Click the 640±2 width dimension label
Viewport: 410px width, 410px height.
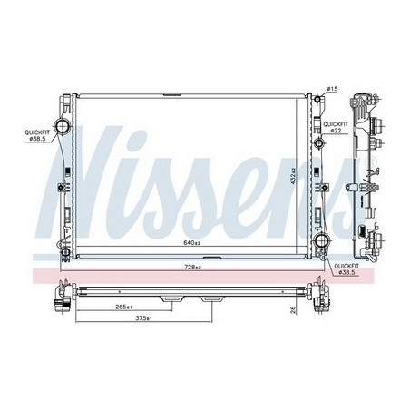click(189, 243)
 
